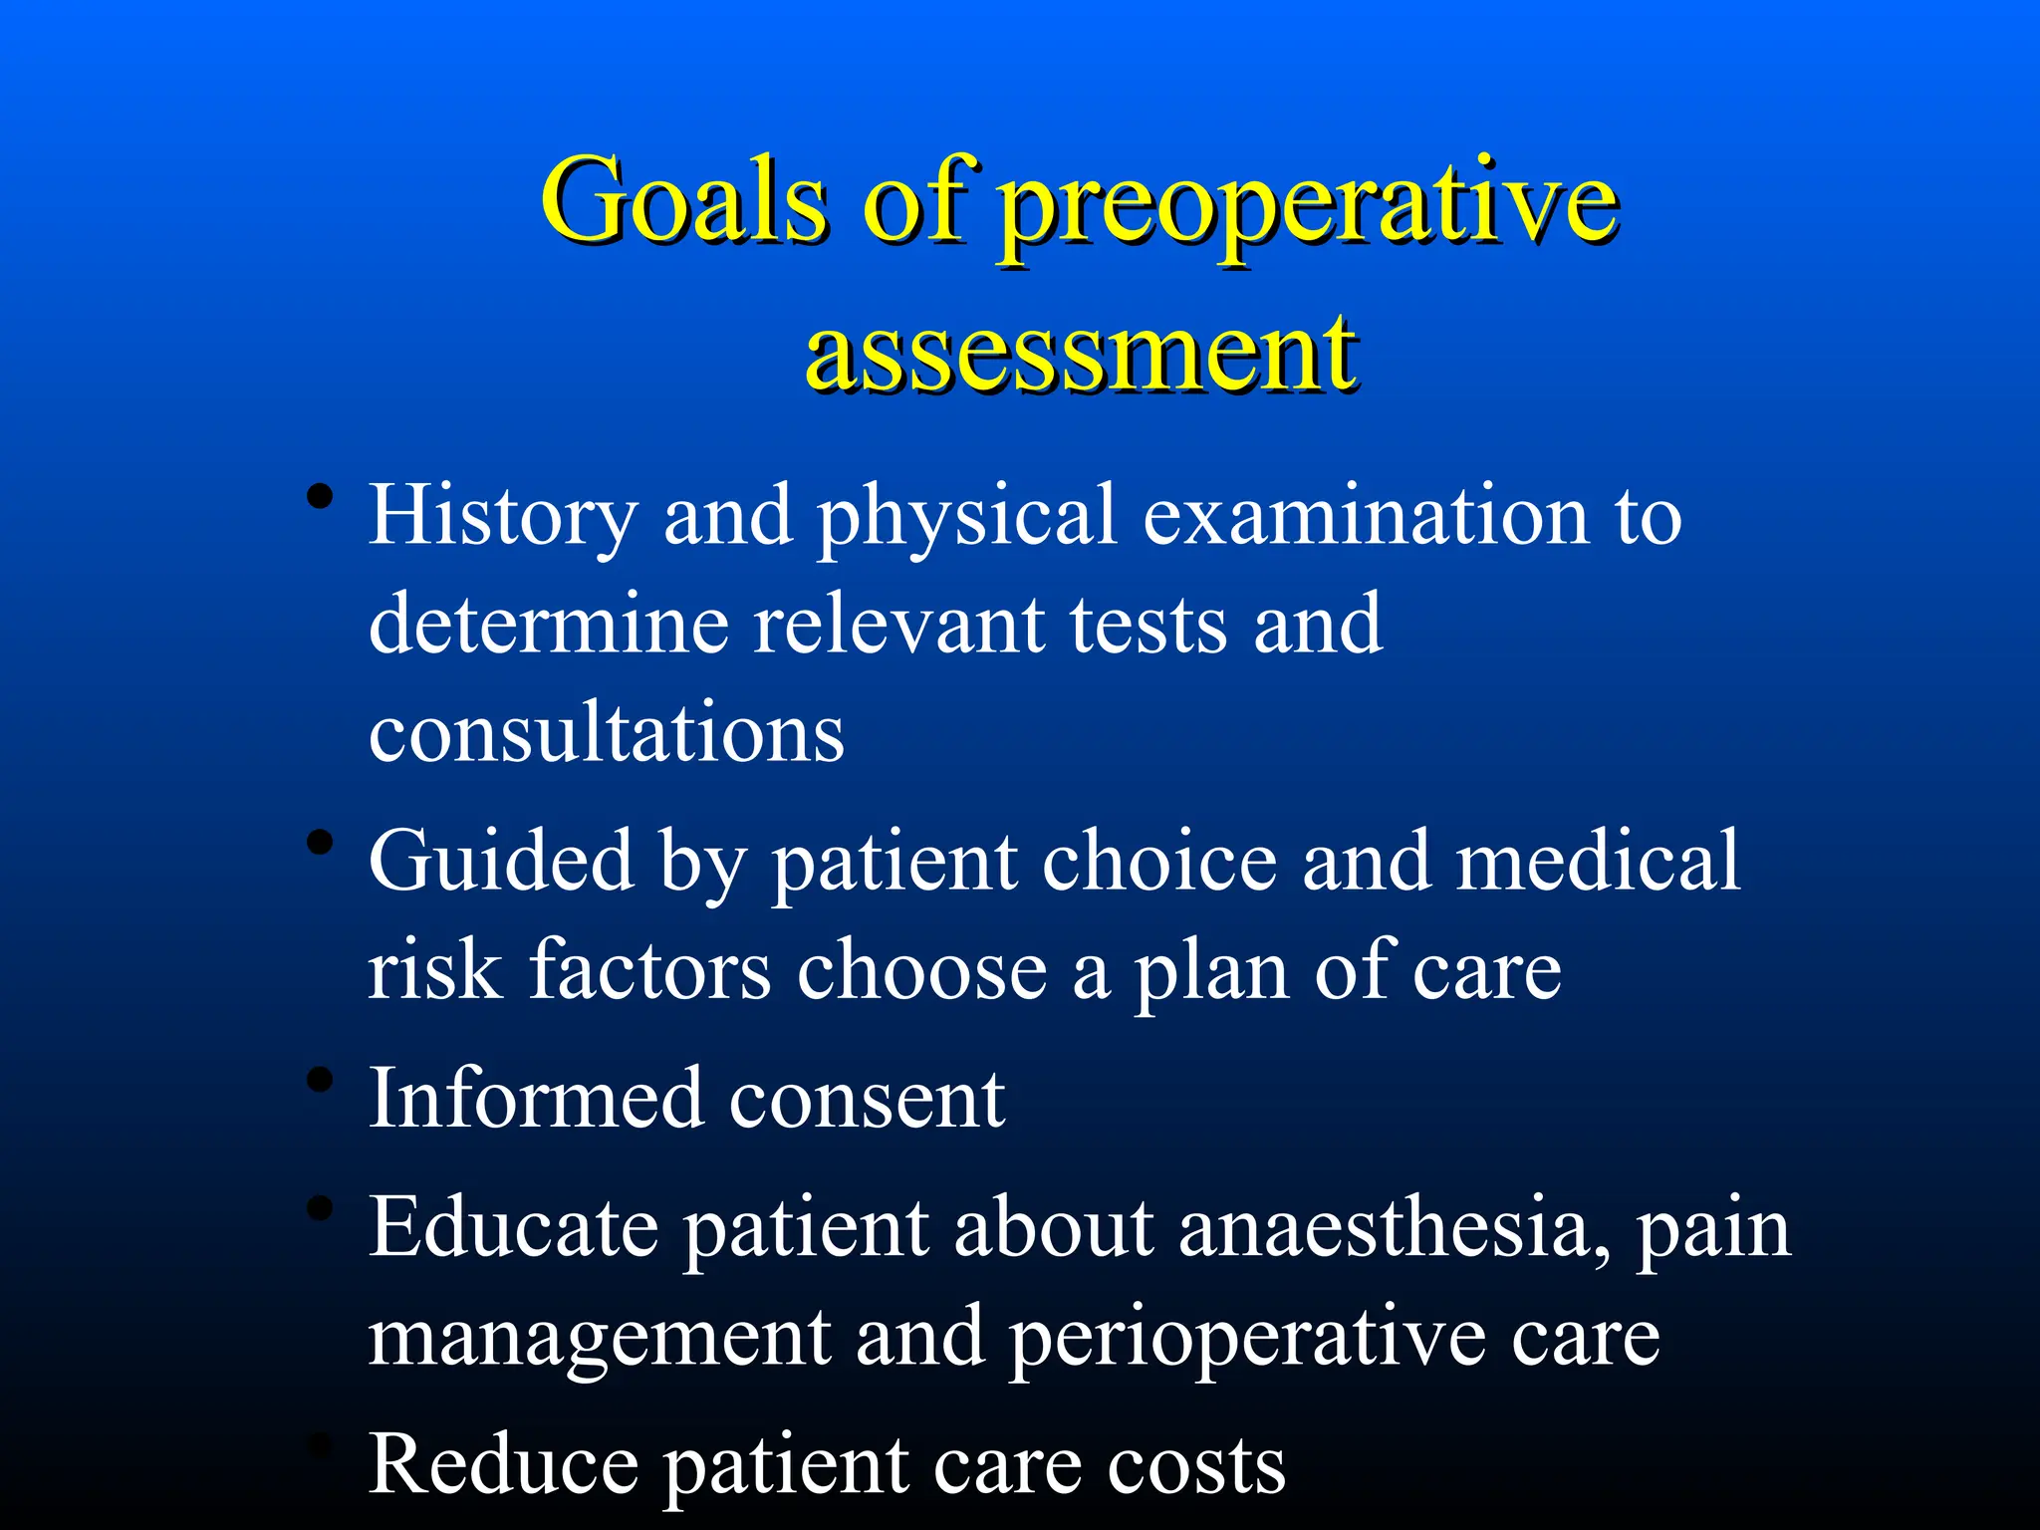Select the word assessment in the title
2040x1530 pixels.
(1080, 353)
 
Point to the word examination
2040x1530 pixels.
(1366, 515)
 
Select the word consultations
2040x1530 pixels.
(607, 732)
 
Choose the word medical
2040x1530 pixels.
(1598, 861)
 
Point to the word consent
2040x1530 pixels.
(867, 1100)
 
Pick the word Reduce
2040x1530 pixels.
(503, 1464)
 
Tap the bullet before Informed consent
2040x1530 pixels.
(320, 1080)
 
